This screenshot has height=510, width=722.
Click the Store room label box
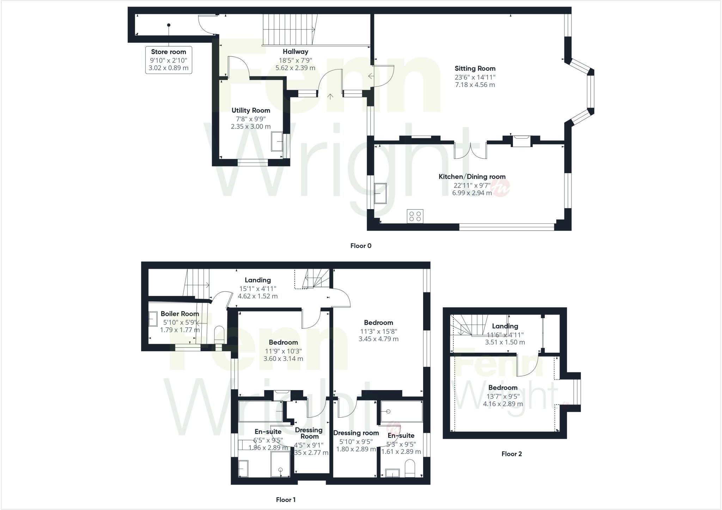click(x=169, y=60)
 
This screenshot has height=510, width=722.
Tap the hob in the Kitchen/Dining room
click(x=415, y=216)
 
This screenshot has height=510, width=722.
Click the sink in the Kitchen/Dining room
click(x=380, y=193)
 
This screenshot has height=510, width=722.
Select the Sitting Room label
click(x=475, y=68)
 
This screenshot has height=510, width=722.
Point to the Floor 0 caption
click(x=361, y=246)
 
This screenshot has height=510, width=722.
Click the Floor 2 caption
click(x=512, y=454)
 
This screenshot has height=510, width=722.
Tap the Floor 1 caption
click(x=286, y=500)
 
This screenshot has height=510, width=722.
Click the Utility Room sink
click(x=277, y=141)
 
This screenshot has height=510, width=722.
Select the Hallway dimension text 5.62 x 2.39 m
click(x=295, y=68)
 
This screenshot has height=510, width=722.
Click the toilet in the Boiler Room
click(x=219, y=334)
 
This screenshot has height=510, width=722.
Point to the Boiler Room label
click(x=180, y=314)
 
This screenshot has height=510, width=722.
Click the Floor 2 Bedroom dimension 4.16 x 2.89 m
click(x=503, y=404)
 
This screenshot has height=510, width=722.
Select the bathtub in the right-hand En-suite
click(x=402, y=411)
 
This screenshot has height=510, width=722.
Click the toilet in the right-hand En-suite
click(x=410, y=469)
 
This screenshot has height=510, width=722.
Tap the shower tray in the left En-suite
click(x=280, y=465)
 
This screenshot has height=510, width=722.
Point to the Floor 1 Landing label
click(x=258, y=280)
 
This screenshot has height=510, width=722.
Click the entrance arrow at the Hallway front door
click(x=330, y=96)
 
